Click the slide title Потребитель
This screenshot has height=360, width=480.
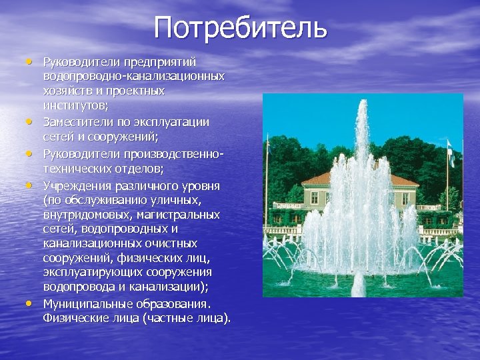click(x=240, y=28)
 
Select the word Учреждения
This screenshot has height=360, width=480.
click(x=73, y=185)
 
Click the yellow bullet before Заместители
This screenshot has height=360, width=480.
click(x=30, y=121)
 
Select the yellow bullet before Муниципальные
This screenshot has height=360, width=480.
click(x=30, y=303)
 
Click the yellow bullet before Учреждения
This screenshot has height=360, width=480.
click(x=30, y=184)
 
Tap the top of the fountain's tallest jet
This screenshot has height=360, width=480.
click(x=362, y=105)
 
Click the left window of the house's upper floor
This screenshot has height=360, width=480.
click(x=316, y=199)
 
